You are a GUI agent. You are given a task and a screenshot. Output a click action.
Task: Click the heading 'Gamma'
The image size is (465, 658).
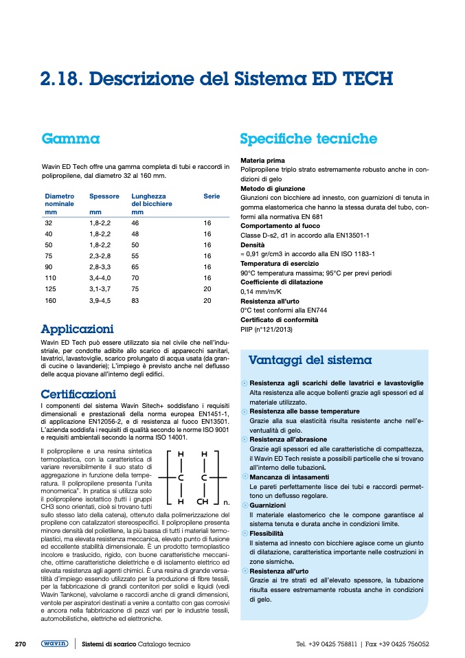click(71, 139)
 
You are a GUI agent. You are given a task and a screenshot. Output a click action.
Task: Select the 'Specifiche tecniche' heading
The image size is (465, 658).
click(308, 139)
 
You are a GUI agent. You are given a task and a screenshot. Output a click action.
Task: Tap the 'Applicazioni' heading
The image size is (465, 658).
click(77, 330)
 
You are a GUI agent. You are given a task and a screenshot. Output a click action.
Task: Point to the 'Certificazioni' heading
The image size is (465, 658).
click(78, 394)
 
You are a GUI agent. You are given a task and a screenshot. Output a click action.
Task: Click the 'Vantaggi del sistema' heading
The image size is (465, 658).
click(310, 360)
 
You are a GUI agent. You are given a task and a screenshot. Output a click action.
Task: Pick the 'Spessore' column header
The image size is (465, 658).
click(104, 196)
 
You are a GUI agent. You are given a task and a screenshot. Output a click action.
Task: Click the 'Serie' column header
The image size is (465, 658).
click(212, 196)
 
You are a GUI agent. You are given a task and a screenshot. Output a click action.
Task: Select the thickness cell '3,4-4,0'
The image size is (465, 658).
click(102, 278)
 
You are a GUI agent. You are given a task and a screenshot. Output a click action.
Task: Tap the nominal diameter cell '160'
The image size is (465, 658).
click(50, 300)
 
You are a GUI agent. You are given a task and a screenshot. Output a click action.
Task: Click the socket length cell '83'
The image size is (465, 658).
click(135, 300)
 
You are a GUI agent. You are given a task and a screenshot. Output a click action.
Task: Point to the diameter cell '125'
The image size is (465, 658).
click(50, 289)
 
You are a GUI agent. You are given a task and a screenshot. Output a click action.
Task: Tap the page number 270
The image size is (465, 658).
click(21, 644)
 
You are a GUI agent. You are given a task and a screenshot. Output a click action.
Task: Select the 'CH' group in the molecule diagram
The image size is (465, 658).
click(203, 501)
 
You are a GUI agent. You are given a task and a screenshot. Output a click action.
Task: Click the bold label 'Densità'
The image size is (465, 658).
click(252, 245)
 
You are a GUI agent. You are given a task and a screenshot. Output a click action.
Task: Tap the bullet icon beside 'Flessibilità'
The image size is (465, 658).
click(245, 533)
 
